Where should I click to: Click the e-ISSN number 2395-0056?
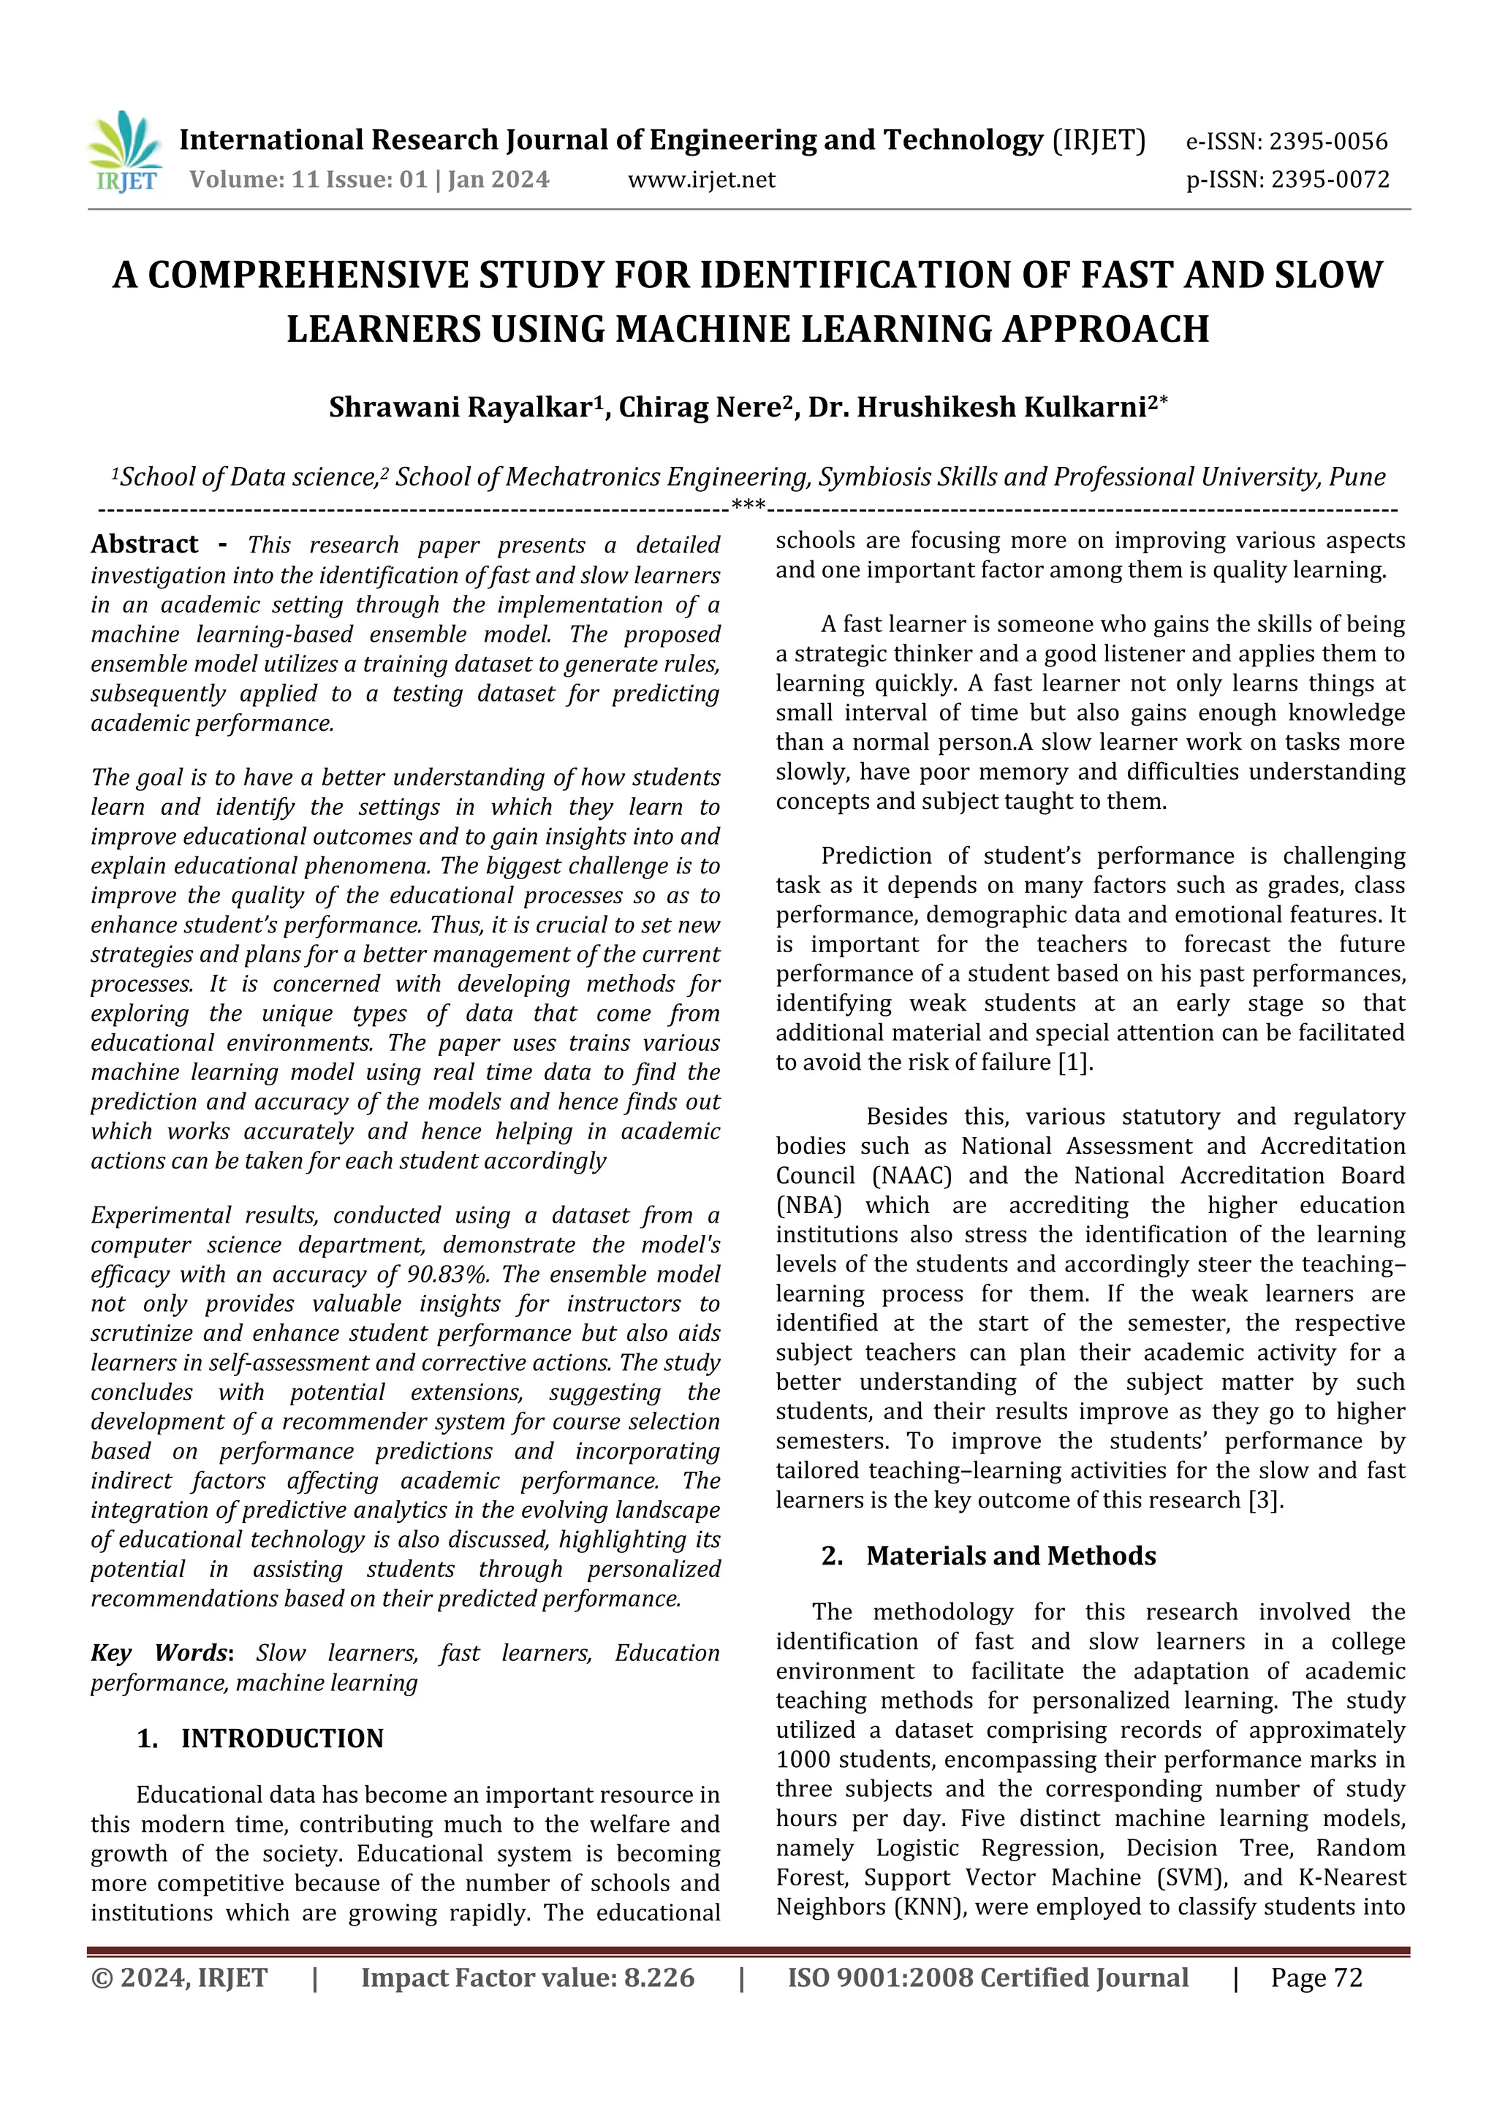click(1327, 142)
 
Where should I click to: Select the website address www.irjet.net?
click(701, 180)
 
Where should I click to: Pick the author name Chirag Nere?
click(699, 408)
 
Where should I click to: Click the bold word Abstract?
click(145, 545)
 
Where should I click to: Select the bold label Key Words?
click(159, 1653)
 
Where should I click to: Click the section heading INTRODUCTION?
click(281, 1739)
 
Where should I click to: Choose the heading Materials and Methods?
click(1010, 1557)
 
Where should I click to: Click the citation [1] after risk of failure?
click(1074, 1063)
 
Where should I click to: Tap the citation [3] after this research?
click(1265, 1500)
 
